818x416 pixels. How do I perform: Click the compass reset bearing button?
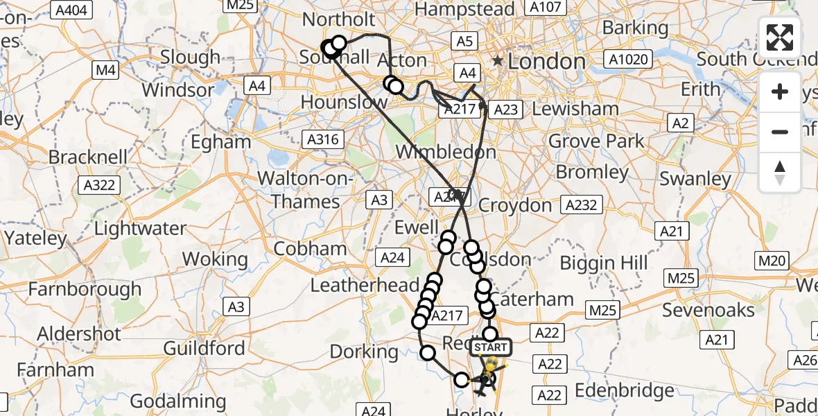coord(780,172)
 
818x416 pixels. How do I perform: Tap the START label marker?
coord(491,347)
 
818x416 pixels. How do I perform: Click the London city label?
coord(546,62)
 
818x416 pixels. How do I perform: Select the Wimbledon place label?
coord(446,152)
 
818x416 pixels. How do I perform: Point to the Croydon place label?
coord(514,205)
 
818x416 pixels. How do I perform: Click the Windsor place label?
coord(178,90)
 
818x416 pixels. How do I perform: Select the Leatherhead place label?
coord(364,285)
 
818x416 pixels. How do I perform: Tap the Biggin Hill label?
coord(604,263)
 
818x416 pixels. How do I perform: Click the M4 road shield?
coord(105,70)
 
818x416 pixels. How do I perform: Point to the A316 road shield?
coord(323,139)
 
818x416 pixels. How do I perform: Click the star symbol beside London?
coord(498,61)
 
